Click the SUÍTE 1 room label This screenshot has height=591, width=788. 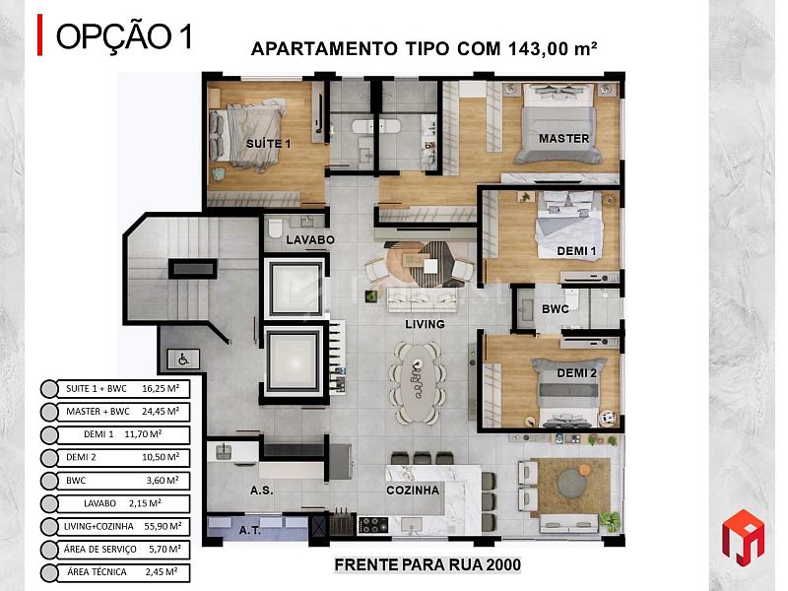[x=268, y=144]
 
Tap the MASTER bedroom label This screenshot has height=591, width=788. [x=563, y=138]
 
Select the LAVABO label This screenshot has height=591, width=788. [x=310, y=239]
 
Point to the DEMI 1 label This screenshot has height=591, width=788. [x=576, y=251]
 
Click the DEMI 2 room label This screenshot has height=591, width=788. [x=577, y=373]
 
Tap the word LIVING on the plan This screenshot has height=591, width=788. [x=426, y=324]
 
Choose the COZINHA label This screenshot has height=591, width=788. [x=413, y=490]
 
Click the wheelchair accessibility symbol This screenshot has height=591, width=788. [x=183, y=359]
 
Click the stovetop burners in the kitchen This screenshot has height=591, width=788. [x=373, y=525]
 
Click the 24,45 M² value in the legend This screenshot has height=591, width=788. [x=161, y=411]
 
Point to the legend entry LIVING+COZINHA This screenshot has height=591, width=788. [x=98, y=526]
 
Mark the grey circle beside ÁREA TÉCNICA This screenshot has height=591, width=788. [x=49, y=573]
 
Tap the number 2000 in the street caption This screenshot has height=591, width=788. [x=503, y=564]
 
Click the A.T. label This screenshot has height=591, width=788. [x=250, y=530]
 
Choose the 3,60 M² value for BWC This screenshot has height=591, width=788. [x=163, y=481]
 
